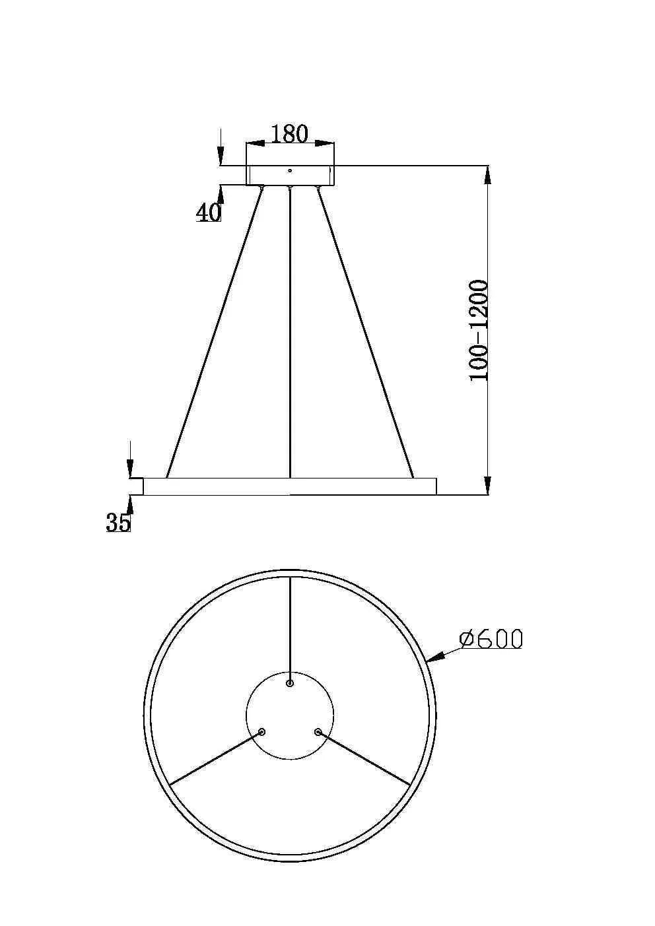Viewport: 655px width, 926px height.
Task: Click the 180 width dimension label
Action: click(x=290, y=134)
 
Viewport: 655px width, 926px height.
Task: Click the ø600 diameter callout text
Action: click(x=491, y=639)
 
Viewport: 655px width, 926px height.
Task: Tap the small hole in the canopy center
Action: click(x=289, y=170)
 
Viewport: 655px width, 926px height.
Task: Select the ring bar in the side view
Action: click(x=289, y=486)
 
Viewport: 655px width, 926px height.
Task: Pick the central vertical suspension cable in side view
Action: click(x=290, y=330)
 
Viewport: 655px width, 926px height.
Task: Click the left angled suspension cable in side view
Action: click(x=215, y=330)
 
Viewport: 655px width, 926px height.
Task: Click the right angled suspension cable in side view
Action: click(x=366, y=330)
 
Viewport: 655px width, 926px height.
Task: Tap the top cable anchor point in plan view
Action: click(x=289, y=683)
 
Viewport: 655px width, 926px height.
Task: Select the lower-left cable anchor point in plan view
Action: click(x=262, y=732)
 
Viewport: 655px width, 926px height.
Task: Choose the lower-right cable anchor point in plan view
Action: click(x=318, y=732)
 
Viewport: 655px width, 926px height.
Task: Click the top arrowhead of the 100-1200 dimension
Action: click(x=487, y=175)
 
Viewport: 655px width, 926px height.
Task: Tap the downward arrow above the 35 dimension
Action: click(x=131, y=470)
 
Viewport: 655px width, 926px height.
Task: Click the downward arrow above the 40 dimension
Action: click(x=221, y=157)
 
